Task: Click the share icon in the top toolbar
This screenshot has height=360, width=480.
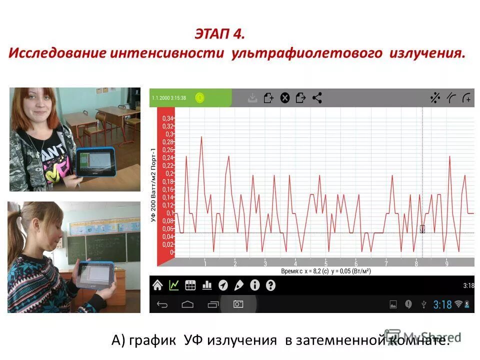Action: pyautogui.click(x=316, y=98)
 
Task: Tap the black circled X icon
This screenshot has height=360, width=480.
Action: pyautogui.click(x=284, y=98)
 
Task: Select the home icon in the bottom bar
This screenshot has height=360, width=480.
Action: pyautogui.click(x=157, y=285)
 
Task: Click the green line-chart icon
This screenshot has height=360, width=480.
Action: pyautogui.click(x=174, y=285)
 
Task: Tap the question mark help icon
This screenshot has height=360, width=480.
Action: pyautogui.click(x=270, y=285)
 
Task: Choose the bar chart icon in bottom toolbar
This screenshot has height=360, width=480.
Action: pyautogui.click(x=206, y=285)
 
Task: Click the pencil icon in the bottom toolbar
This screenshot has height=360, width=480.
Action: pyautogui.click(x=239, y=285)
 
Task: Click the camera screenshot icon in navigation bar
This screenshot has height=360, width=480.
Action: pyautogui.click(x=238, y=304)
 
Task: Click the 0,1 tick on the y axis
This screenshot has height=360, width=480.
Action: pyautogui.click(x=169, y=213)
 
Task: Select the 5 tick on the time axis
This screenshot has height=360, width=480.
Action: pyautogui.click(x=325, y=263)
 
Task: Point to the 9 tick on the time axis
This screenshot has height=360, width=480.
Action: pyautogui.click(x=446, y=263)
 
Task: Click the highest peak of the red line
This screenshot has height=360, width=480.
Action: pyautogui.click(x=201, y=136)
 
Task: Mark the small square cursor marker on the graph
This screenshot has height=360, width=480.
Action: pyautogui.click(x=422, y=229)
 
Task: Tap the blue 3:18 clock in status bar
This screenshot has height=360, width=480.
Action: pyautogui.click(x=442, y=304)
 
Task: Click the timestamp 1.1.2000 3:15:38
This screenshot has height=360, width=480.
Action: pyautogui.click(x=169, y=98)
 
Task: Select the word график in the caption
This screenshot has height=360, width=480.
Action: pyautogui.click(x=152, y=340)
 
